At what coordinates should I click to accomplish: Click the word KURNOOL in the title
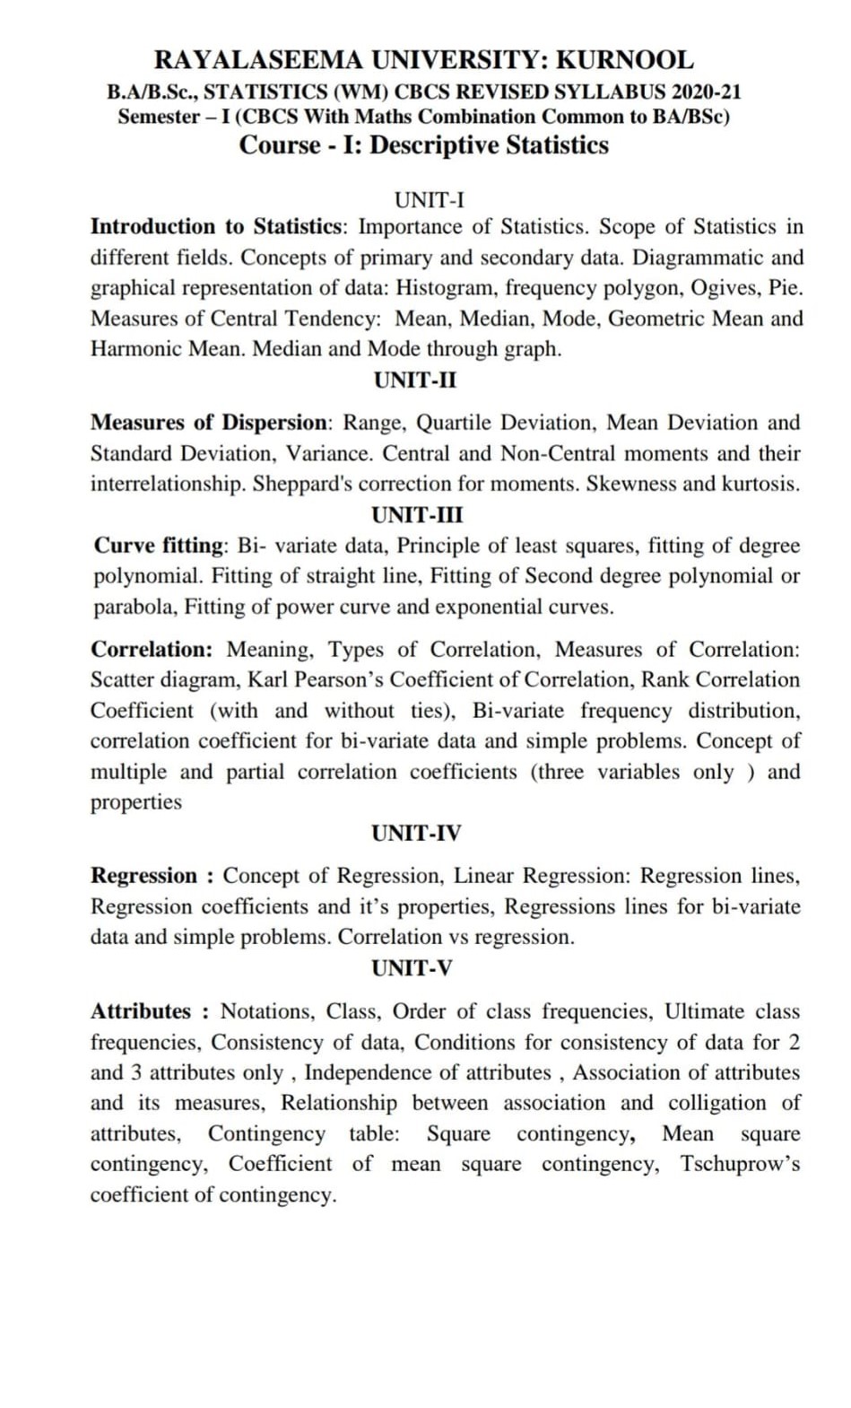624,60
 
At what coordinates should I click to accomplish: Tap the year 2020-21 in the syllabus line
707,92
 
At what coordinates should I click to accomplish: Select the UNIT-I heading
430,199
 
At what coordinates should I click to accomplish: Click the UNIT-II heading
415,380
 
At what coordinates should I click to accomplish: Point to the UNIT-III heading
417,515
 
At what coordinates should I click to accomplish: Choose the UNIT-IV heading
416,833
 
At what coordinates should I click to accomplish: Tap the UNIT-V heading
412,968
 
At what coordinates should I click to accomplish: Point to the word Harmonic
136,349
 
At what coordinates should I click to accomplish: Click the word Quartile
456,423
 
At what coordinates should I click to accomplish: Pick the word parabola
136,608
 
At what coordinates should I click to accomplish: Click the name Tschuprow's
740,1164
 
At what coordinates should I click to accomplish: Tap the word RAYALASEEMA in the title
259,60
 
